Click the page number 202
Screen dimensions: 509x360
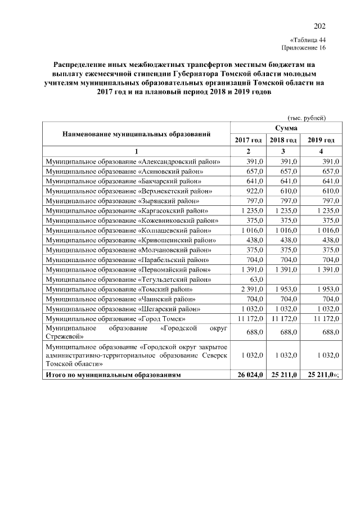pyautogui.click(x=319, y=26)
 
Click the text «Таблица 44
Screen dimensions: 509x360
pyautogui.click(x=308, y=40)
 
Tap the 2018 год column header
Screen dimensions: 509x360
pyautogui.click(x=283, y=140)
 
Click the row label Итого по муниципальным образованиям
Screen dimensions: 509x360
pyautogui.click(x=114, y=373)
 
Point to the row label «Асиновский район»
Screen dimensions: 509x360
pyautogui.click(x=125, y=171)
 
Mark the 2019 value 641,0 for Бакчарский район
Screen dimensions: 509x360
pyautogui.click(x=329, y=181)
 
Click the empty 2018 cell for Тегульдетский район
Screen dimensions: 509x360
pyautogui.click(x=283, y=279)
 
